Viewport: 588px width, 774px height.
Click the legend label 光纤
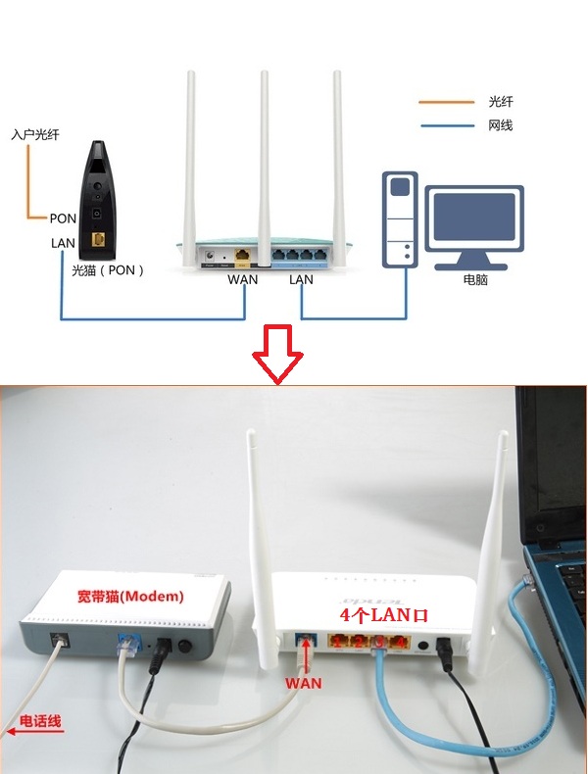click(x=501, y=102)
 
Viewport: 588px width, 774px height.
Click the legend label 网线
click(x=501, y=125)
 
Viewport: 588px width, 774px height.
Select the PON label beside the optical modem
click(x=63, y=218)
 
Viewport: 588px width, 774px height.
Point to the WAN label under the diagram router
click(x=243, y=279)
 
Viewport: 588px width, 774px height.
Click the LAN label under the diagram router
click(x=301, y=279)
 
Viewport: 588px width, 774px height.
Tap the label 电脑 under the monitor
click(x=475, y=279)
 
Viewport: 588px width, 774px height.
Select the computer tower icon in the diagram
click(x=400, y=218)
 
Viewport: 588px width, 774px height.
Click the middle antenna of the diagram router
click(x=265, y=157)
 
